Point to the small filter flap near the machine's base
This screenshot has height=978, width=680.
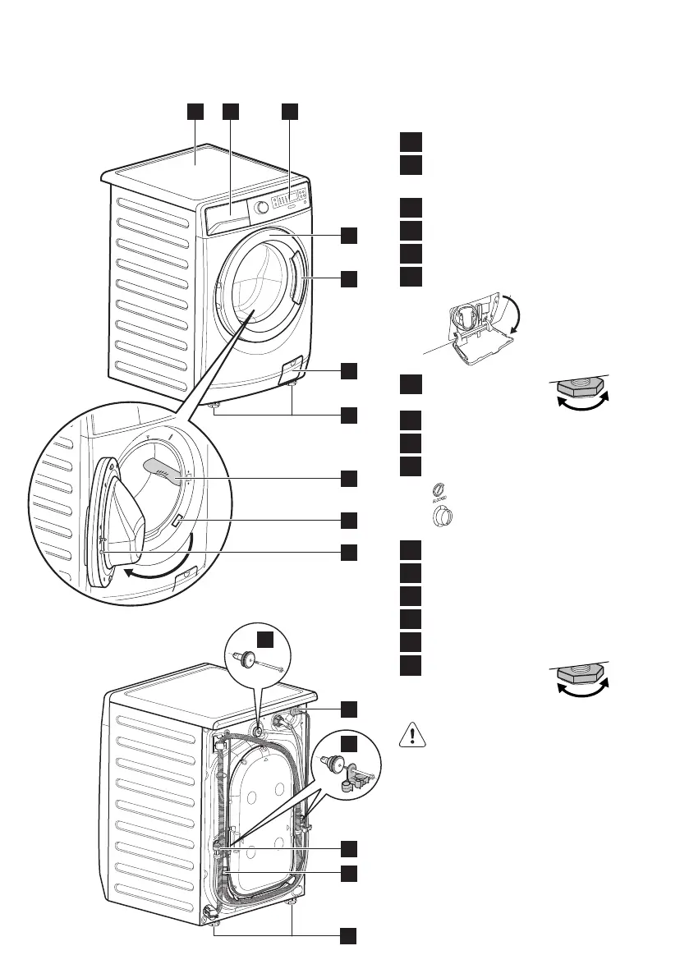pyautogui.click(x=292, y=370)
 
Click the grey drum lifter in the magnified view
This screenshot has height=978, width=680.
pyautogui.click(x=165, y=469)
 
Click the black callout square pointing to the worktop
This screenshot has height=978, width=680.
pyautogui.click(x=194, y=112)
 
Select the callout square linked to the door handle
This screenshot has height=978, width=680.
pyautogui.click(x=349, y=278)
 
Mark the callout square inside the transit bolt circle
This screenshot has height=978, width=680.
pyautogui.click(x=263, y=641)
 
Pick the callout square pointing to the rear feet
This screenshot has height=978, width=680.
pyautogui.click(x=349, y=934)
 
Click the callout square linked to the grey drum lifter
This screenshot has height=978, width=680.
pyautogui.click(x=349, y=477)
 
